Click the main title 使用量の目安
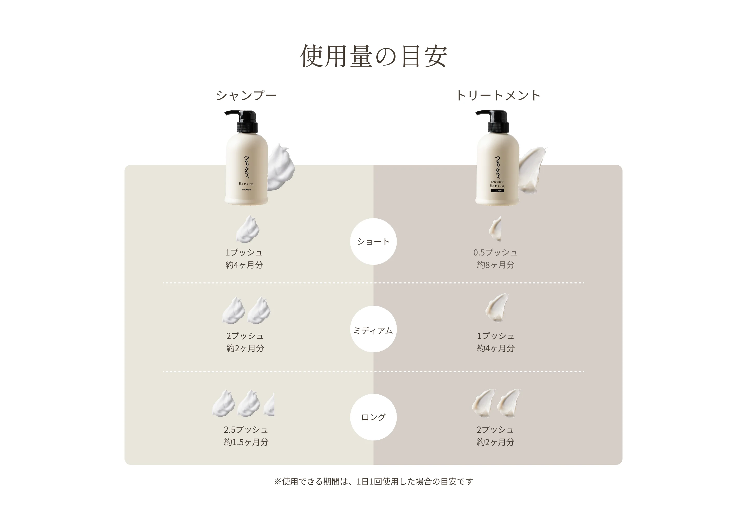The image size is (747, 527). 373,56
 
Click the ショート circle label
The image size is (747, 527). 373,241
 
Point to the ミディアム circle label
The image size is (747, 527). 373,330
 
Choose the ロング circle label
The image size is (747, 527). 373,417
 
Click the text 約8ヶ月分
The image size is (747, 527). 495,265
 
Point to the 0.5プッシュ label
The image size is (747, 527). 495,252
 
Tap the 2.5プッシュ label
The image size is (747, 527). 246,430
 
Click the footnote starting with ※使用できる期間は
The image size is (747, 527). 373,481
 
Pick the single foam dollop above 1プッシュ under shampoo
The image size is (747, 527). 248,229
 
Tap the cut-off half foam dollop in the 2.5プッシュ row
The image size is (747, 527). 269,405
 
